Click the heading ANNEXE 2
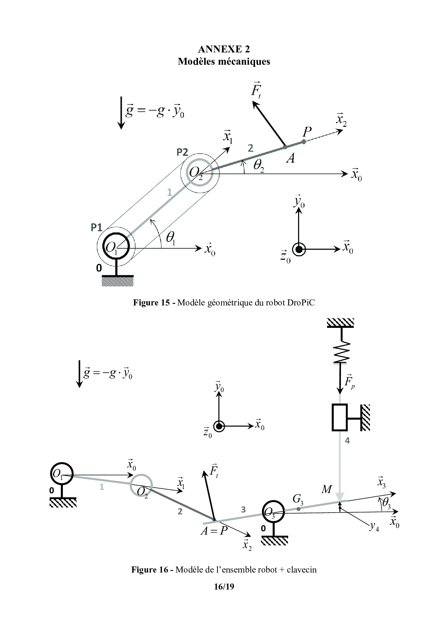(224, 49)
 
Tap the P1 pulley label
(96, 227)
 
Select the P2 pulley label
(182, 153)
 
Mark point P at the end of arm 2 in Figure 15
(304, 142)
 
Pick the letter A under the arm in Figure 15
(290, 158)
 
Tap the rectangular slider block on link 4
(340, 417)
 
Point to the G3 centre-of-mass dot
(298, 509)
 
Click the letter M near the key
(326, 489)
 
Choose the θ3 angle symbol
(386, 503)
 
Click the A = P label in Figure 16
(214, 531)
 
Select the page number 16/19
(224, 586)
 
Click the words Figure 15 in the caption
(151, 303)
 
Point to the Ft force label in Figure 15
(256, 90)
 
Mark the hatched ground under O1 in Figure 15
(118, 281)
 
